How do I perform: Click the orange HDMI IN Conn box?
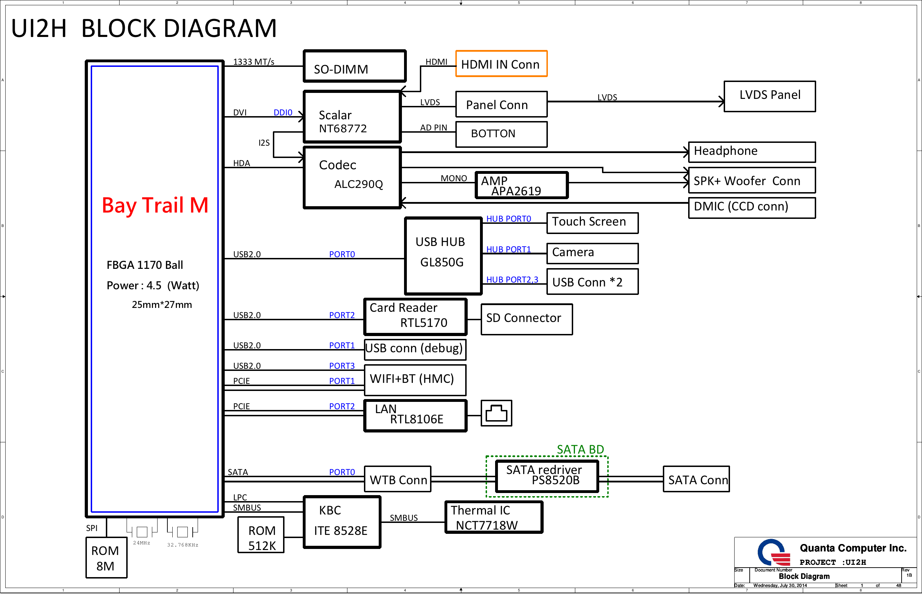click(x=501, y=64)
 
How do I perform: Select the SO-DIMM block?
click(x=354, y=66)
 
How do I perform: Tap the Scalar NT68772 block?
click(x=352, y=117)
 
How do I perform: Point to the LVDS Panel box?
click(x=770, y=96)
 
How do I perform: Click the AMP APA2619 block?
click(x=521, y=185)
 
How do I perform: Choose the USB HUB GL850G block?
click(x=443, y=256)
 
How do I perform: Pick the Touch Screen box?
click(x=593, y=223)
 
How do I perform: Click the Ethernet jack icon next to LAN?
click(x=497, y=413)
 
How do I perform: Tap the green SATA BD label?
click(x=580, y=449)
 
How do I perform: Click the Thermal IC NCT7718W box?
click(x=494, y=517)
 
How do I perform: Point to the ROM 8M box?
click(x=107, y=558)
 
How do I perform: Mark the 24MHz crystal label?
click(x=141, y=543)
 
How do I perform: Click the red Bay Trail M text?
click(x=155, y=205)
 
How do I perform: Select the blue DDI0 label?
click(x=283, y=113)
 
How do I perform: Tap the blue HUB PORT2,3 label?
click(x=512, y=280)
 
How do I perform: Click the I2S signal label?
click(x=264, y=143)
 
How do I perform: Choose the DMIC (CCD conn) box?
click(x=752, y=208)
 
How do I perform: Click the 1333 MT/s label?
click(x=254, y=62)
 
